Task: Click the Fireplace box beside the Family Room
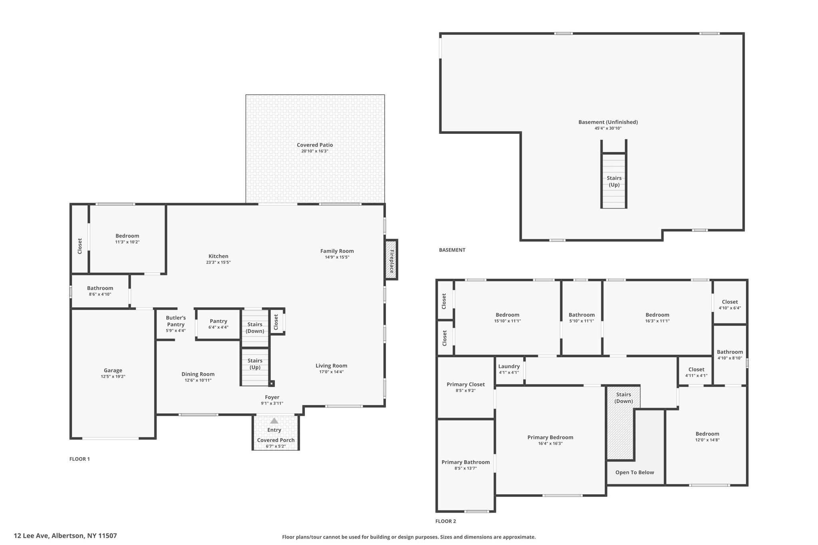391,260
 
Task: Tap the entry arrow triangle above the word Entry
274,421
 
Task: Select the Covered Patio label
315,145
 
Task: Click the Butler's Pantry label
176,321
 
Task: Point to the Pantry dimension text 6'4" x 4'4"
218,327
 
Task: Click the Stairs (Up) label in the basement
614,181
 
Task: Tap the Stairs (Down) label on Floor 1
255,327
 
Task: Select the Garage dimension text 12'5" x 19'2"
113,377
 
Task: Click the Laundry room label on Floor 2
509,366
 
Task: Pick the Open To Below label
634,472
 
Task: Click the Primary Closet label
465,384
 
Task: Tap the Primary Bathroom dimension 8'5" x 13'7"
465,468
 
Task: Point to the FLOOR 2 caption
445,521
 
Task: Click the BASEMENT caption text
452,250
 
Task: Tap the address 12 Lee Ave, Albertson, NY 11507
66,536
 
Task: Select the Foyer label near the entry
272,397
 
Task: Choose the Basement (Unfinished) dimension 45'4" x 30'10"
608,128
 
